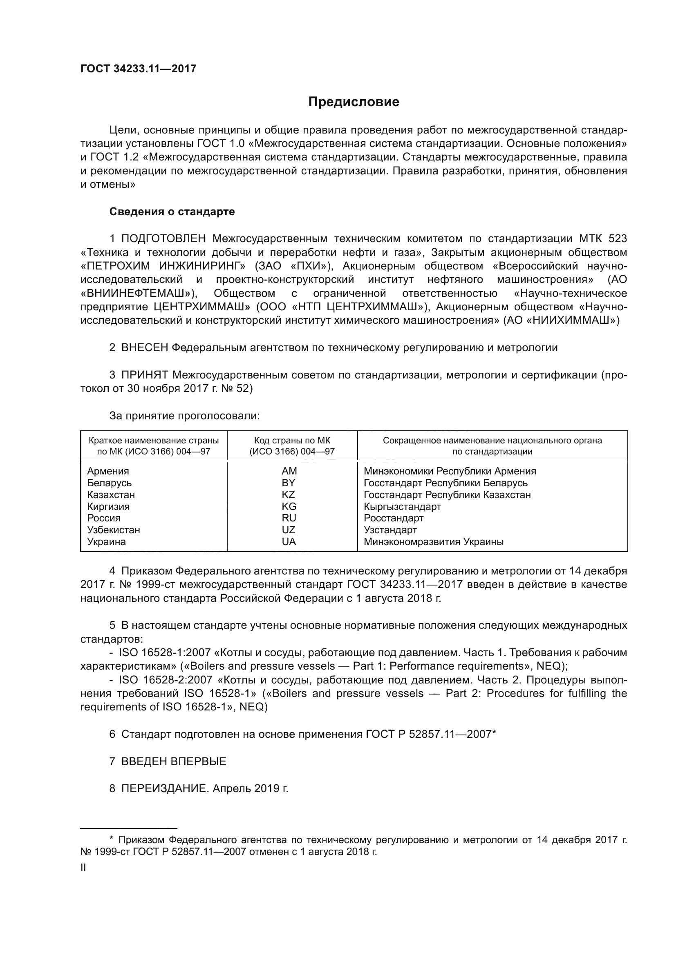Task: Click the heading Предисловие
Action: point(354,102)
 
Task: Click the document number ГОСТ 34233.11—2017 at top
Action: point(138,69)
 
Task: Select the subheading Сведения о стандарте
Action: point(172,212)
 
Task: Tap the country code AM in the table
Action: point(289,471)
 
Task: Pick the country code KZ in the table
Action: point(288,494)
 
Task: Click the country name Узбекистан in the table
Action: point(114,530)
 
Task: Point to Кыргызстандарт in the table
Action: point(402,507)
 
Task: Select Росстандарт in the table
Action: point(393,518)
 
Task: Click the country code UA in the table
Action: point(289,541)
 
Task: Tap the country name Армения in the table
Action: point(108,471)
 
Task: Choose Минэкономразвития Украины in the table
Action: point(433,542)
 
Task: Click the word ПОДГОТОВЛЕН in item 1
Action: point(163,239)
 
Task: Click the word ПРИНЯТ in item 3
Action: point(145,375)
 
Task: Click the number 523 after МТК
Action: point(617,239)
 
